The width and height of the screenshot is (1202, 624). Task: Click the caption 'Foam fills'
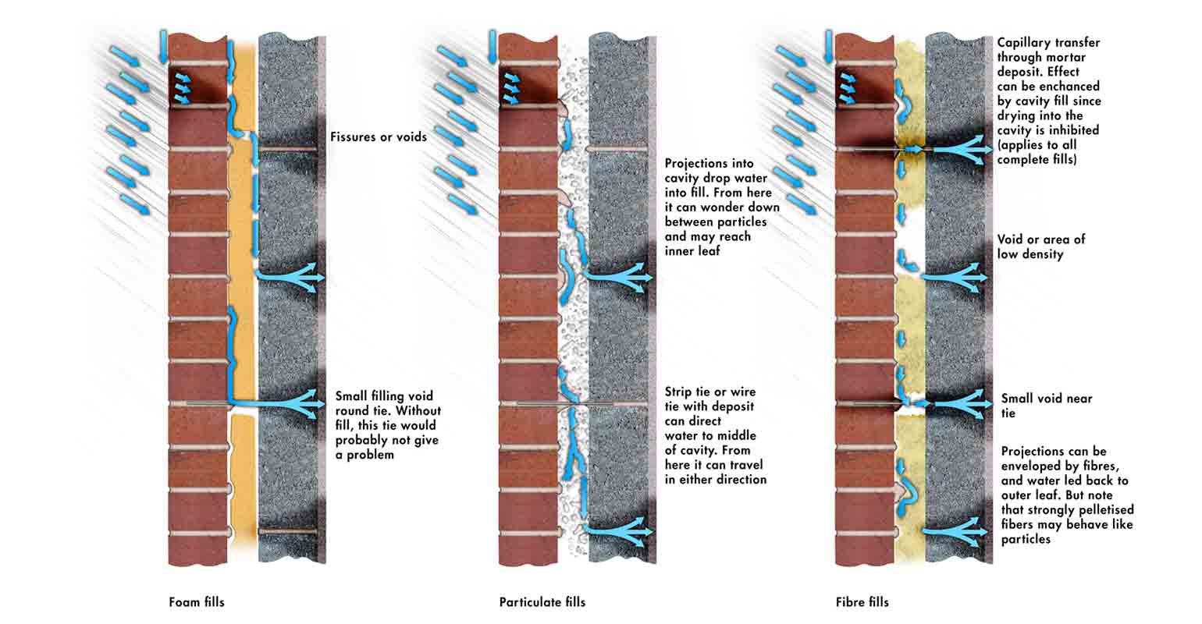[196, 602]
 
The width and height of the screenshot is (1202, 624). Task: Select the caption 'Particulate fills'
[542, 602]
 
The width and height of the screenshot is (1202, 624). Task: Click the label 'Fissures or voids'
[378, 136]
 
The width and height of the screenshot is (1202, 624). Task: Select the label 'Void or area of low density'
[1040, 246]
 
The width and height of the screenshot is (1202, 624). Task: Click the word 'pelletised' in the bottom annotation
[1099, 510]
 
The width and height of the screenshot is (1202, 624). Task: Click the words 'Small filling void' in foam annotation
[383, 396]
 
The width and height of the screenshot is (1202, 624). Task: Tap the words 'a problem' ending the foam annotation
[365, 455]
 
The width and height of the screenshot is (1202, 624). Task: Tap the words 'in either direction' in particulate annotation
[715, 480]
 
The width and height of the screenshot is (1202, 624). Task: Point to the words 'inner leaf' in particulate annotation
[693, 251]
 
